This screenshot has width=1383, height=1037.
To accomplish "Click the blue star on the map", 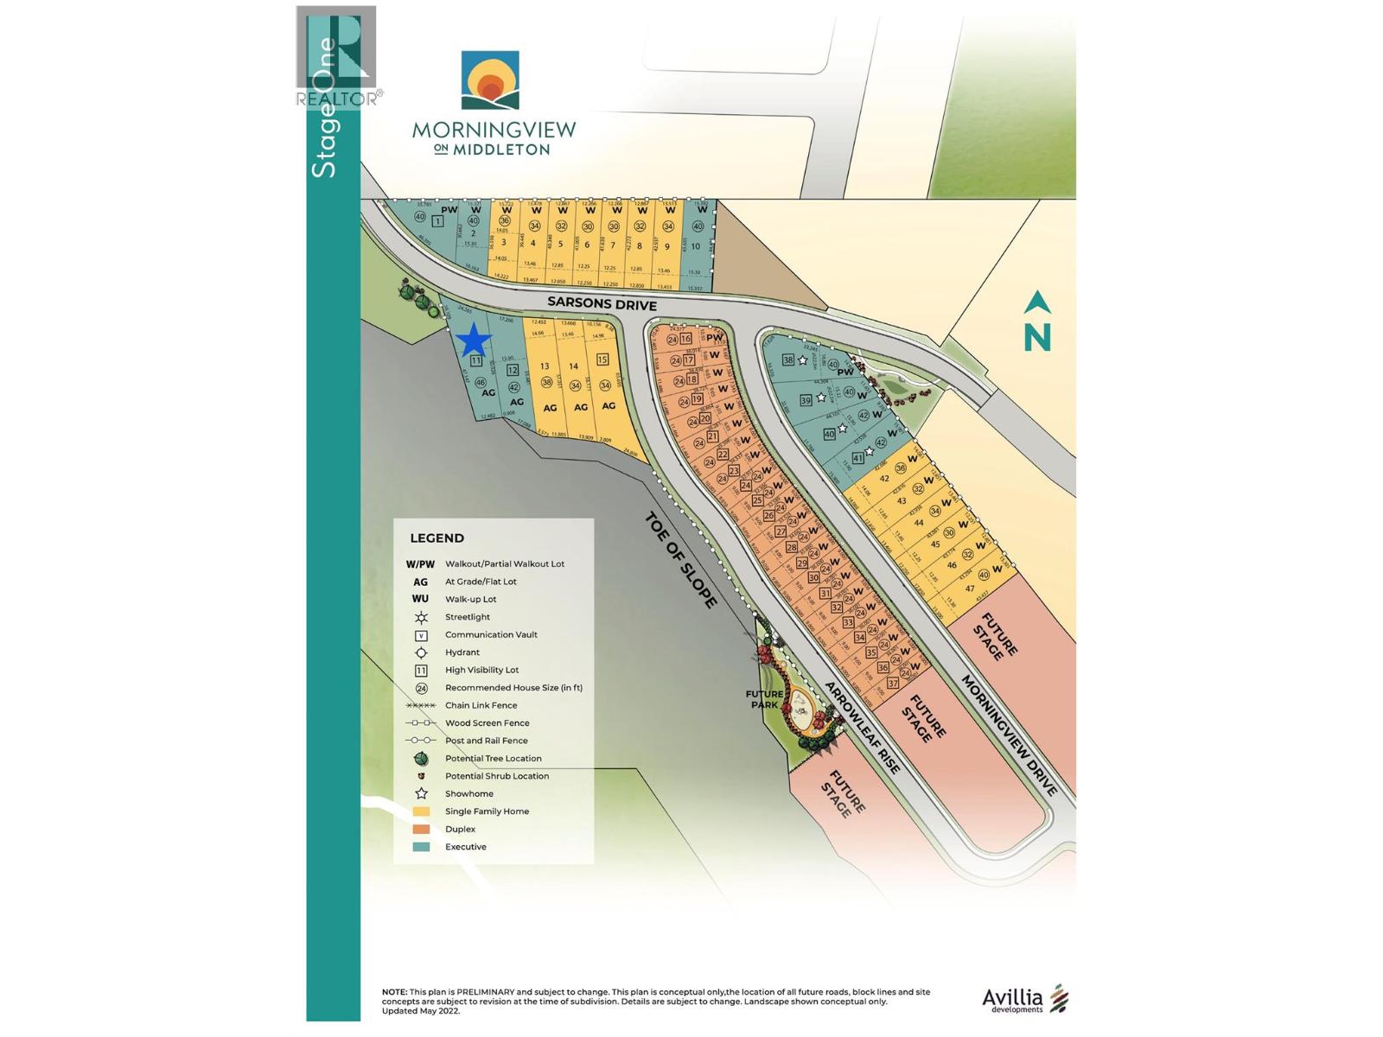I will pyautogui.click(x=474, y=340).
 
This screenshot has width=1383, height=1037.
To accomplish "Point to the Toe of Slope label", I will pyautogui.click(x=681, y=560).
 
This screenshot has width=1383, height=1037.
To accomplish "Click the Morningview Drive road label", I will pyautogui.click(x=1009, y=735).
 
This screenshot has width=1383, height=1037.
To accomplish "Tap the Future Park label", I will pyautogui.click(x=765, y=699).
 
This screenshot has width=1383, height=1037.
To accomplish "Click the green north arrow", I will pyautogui.click(x=1037, y=321).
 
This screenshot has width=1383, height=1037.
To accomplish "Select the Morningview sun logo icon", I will pyautogui.click(x=490, y=80).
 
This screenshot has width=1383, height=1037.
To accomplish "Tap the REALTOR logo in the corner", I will pyautogui.click(x=337, y=57).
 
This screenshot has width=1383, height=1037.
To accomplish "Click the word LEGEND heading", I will pyautogui.click(x=437, y=538).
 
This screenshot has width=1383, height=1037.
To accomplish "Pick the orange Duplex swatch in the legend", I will pyautogui.click(x=421, y=830).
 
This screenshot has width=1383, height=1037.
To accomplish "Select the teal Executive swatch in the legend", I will pyautogui.click(x=421, y=847).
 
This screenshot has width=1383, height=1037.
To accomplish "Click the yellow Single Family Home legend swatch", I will pyautogui.click(x=421, y=811).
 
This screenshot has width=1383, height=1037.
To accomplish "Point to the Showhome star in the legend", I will pyautogui.click(x=421, y=793).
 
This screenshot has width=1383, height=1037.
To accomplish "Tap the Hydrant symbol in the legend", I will pyautogui.click(x=421, y=652).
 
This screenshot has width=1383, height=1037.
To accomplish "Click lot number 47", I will pyautogui.click(x=970, y=588).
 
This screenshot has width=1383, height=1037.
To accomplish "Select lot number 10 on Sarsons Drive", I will pyautogui.click(x=695, y=246).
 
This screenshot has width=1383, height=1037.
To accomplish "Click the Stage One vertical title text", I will pyautogui.click(x=325, y=108).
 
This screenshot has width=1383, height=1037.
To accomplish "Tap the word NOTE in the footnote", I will pyautogui.click(x=394, y=992).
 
